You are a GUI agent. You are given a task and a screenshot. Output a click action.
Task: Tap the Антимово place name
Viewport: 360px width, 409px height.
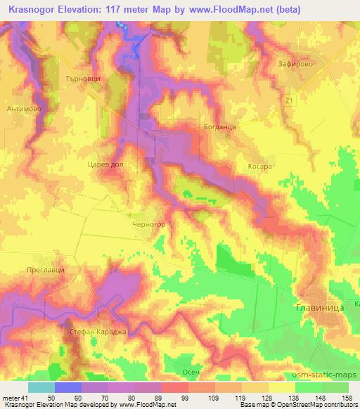coord(24,109)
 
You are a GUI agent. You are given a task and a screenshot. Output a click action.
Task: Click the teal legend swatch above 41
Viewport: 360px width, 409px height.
coord(41,387)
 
